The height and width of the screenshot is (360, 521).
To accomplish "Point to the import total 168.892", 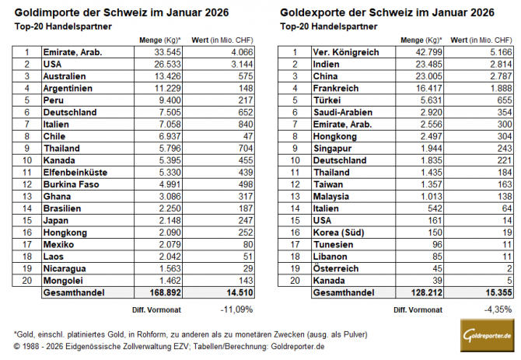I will (162, 293).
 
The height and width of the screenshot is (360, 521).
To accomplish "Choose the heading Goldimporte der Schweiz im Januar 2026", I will (113, 12).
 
